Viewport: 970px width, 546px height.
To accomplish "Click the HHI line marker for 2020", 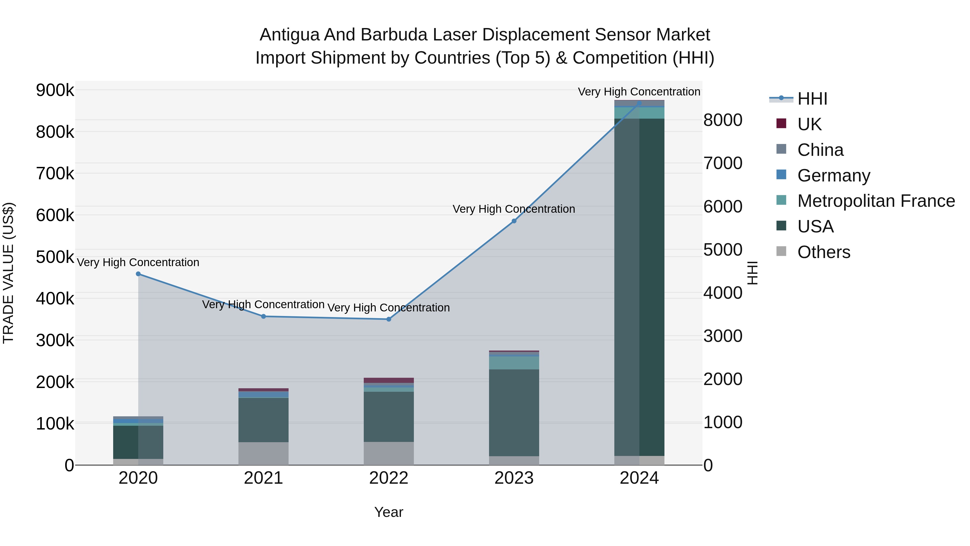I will (x=138, y=274).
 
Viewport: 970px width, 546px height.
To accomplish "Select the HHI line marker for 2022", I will (x=389, y=319).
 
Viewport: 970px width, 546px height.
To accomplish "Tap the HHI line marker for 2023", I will (x=514, y=221).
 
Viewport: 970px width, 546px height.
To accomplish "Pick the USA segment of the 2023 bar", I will (x=514, y=413).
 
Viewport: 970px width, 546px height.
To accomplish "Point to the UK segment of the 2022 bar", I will (x=389, y=380).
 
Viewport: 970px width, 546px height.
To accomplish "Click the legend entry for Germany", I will (x=833, y=176).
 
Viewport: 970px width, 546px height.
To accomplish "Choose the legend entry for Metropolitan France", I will (x=876, y=201).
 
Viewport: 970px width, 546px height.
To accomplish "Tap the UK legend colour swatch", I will (x=781, y=123).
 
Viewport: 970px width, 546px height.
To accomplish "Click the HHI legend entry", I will (x=812, y=99).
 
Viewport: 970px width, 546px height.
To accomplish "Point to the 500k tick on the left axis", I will (x=55, y=257).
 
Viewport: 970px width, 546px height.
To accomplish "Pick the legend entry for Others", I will (x=823, y=252).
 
